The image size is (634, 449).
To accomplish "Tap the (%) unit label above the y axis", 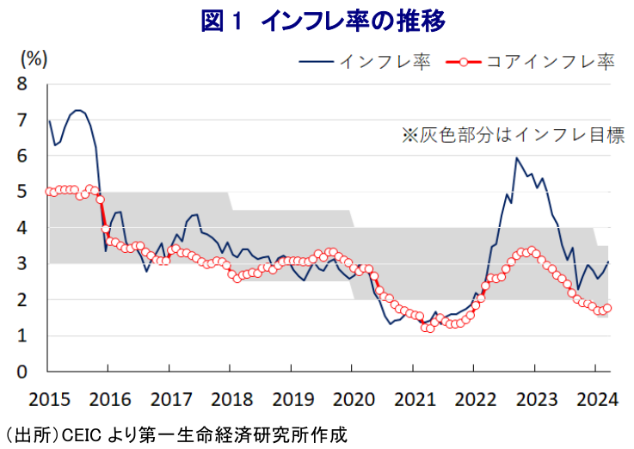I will (x=34, y=58).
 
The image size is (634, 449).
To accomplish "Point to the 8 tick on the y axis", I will (x=22, y=85).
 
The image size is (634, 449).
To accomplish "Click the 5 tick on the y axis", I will (x=22, y=193).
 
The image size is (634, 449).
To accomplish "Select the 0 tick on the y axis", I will (x=22, y=372).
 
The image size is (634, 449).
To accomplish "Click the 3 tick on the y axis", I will (x=22, y=265).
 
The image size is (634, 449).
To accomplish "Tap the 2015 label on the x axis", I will (x=48, y=398).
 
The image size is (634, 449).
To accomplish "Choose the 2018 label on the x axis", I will (x=231, y=398).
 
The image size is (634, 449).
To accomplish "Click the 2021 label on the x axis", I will (x=413, y=398).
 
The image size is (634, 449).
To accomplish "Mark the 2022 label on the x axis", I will (x=474, y=398).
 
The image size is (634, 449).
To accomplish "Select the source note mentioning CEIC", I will (x=175, y=434).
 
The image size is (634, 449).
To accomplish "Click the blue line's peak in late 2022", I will (x=516, y=158).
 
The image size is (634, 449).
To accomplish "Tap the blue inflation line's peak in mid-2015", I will (x=78, y=110).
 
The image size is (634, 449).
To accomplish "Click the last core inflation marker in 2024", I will (x=607, y=308).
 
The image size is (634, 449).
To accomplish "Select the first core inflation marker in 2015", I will (x=49, y=191).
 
